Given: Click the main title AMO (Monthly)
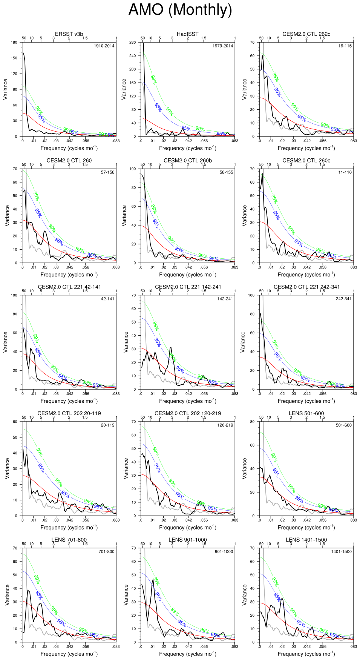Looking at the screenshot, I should click(180, 10).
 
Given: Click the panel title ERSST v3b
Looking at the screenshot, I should click(69, 34).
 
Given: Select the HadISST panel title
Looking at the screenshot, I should click(187, 34).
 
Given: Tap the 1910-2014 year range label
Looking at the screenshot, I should click(104, 46).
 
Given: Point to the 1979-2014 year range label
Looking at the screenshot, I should click(223, 46).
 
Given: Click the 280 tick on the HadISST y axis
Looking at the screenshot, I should click(132, 42).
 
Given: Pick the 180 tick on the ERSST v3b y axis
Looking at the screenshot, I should click(14, 42).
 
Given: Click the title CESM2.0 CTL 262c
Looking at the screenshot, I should click(306, 34).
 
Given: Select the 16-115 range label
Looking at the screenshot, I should click(345, 46).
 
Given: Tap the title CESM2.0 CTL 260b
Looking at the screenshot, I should click(187, 160).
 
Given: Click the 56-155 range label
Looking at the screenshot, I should click(226, 172).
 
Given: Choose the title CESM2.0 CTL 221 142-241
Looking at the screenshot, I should click(188, 287).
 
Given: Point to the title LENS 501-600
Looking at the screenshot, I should click(306, 413).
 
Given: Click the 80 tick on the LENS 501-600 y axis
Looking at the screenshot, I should click(252, 422).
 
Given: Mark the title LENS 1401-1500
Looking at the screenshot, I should click(306, 540).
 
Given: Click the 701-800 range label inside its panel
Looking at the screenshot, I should click(106, 552).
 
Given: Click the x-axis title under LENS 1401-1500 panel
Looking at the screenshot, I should click(306, 654).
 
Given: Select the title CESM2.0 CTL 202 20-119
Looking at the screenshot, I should click(69, 413).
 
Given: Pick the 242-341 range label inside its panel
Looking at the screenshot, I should click(343, 299).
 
